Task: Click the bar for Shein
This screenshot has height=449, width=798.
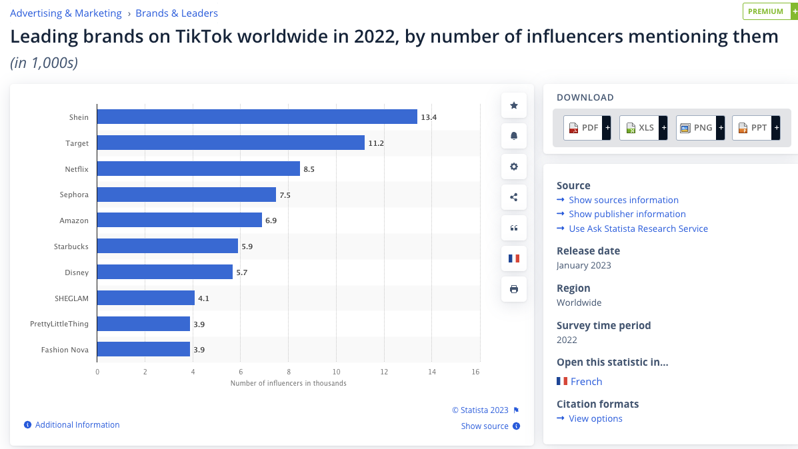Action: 257,117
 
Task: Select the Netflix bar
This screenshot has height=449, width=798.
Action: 199,169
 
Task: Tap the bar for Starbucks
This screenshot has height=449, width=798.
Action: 167,246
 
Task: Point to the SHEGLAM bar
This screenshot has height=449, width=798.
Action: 146,298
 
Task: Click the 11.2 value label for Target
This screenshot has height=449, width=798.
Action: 376,143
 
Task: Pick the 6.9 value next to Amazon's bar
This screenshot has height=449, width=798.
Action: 271,221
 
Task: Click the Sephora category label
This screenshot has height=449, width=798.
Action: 74,195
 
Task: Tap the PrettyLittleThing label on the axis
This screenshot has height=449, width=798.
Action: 59,324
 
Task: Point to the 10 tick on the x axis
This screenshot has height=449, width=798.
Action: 336,372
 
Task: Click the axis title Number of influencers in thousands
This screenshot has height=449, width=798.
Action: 288,383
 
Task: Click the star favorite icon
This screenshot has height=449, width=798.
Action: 513,105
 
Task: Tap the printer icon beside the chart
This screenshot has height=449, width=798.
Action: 513,289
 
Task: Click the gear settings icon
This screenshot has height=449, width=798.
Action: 513,167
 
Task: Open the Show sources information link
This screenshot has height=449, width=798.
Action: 623,200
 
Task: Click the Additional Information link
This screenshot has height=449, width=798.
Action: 77,425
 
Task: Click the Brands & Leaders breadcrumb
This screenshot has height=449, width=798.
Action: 177,13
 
